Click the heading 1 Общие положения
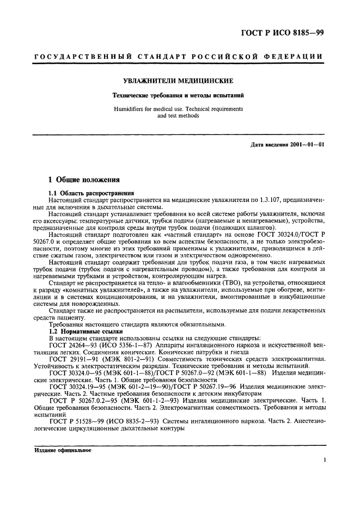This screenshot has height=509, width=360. [x=81, y=180]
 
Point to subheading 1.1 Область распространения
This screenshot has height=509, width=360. [x=89, y=194]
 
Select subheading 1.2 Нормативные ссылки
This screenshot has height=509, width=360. [x=84, y=332]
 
